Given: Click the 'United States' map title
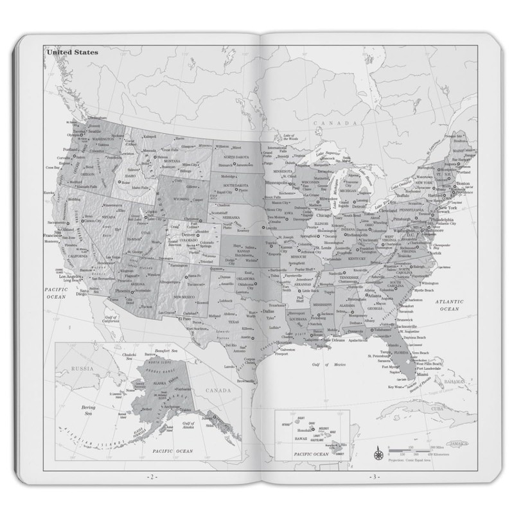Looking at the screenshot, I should (x=72, y=52).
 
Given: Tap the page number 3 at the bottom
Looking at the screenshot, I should (x=373, y=477).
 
